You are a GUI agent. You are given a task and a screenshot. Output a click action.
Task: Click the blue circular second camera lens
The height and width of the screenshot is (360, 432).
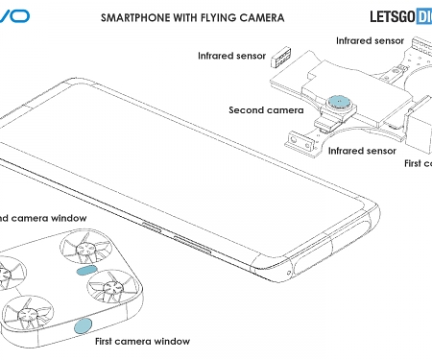(x=338, y=101)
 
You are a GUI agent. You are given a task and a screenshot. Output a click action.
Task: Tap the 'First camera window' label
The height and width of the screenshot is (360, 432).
(x=142, y=341)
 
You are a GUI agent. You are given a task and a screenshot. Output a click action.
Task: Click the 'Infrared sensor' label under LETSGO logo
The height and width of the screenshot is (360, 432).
(x=369, y=41)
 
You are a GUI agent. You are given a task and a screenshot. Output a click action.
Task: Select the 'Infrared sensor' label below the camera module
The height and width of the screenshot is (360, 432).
(x=361, y=151)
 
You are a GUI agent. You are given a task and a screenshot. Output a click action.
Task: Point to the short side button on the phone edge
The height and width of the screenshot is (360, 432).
(x=150, y=227)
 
